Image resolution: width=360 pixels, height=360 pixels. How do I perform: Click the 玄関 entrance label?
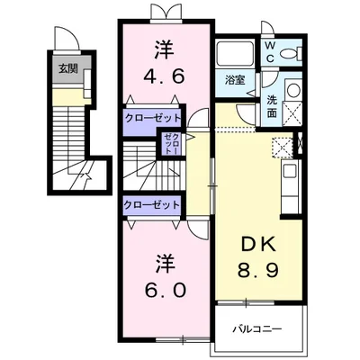tap(67, 69)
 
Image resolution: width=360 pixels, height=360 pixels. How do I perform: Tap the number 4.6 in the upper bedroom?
tap(164, 76)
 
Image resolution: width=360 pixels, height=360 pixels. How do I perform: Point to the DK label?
tap(258, 244)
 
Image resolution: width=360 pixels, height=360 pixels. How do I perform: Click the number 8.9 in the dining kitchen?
tap(258, 270)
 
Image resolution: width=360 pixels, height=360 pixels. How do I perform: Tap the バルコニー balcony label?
tap(257, 329)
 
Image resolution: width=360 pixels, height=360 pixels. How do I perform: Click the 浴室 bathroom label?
tap(235, 80)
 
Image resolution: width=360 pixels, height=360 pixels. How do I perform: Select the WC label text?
tap(270, 52)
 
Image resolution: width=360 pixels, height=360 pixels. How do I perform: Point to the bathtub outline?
tap(236, 54)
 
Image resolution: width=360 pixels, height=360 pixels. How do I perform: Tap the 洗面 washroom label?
tap(272, 106)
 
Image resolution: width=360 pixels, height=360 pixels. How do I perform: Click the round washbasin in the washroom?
tap(293, 89)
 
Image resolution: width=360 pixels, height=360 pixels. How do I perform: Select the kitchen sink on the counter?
tap(291, 171)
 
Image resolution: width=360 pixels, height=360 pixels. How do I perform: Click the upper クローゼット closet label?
tap(153, 118)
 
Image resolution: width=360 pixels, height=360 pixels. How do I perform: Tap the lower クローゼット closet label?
tap(152, 205)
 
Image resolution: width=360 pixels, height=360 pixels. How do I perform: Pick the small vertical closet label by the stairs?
tap(173, 143)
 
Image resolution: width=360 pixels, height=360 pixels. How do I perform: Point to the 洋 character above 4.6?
tap(164, 49)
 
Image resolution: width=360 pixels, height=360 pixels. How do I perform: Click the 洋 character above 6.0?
tap(166, 264)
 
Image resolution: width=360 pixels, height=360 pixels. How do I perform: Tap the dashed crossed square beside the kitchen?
tap(282, 148)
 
